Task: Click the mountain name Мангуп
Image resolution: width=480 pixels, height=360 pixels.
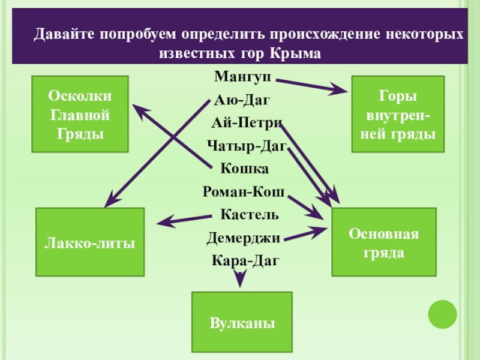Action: coord(242,77)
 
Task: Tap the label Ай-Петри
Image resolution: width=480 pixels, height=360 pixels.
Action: coord(247,123)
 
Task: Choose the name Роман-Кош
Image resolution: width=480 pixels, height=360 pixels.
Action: coord(244,191)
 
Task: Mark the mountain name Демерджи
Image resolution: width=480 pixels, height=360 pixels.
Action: coord(244,238)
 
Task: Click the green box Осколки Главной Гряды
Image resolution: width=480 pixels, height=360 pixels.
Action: coord(80,114)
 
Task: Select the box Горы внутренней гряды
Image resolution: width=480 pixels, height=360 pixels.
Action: coord(398,114)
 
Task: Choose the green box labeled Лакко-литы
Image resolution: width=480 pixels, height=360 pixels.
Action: coord(90,242)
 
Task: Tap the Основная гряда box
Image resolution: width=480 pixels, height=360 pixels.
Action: coord(384,242)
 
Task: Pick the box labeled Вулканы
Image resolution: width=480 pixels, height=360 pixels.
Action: coord(242,323)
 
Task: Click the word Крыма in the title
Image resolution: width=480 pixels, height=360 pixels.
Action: coord(296,53)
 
